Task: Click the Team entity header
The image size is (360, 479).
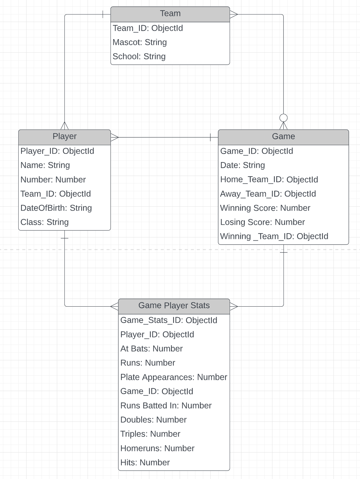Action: (x=170, y=14)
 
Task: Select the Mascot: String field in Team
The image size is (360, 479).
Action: (x=140, y=42)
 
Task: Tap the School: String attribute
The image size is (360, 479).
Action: (x=139, y=56)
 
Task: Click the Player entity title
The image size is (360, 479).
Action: (x=64, y=136)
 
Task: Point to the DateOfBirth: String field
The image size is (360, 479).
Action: (x=56, y=208)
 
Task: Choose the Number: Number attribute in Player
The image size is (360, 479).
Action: (x=53, y=180)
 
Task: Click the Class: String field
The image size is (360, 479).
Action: (x=45, y=222)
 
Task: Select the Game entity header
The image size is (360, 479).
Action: (x=283, y=136)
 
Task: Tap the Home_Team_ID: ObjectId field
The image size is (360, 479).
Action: (x=269, y=180)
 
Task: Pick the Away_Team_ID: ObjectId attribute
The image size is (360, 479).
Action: (x=268, y=194)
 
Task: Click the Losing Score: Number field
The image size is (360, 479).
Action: (x=262, y=222)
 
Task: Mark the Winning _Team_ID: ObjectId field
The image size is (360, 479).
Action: (x=274, y=236)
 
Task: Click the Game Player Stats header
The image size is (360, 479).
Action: (x=174, y=306)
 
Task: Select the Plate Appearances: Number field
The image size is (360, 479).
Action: (x=174, y=377)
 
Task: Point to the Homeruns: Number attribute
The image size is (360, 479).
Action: (x=157, y=448)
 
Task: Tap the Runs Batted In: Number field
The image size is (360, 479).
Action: (x=166, y=405)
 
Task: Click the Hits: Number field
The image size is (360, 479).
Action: (x=145, y=462)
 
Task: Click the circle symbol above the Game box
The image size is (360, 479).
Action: (x=284, y=118)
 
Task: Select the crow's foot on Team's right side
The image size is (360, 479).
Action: (x=234, y=14)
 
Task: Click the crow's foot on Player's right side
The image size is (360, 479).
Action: (x=115, y=137)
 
